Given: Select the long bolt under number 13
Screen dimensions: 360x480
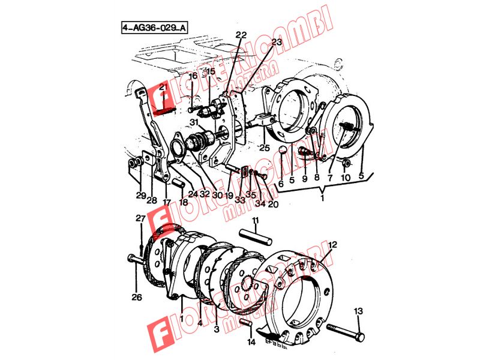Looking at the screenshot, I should (347, 331).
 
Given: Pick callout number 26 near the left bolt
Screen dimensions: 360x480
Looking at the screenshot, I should (137, 296).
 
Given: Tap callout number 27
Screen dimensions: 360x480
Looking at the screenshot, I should (140, 218).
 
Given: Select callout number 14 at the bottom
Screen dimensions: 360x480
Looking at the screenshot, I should (250, 343).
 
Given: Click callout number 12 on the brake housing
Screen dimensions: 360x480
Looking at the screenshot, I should (332, 245).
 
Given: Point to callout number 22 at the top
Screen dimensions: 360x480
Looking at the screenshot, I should (241, 34).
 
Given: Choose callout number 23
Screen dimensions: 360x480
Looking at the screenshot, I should (276, 43).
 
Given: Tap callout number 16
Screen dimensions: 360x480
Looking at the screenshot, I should (193, 77).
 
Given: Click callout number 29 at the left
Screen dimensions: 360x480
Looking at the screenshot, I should (140, 196).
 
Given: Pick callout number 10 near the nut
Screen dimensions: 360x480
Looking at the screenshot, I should (345, 178).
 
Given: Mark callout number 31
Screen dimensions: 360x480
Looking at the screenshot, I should (194, 123).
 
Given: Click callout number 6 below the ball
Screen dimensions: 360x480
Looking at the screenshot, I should (280, 184).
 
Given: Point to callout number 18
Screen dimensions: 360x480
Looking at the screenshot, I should (183, 202).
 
